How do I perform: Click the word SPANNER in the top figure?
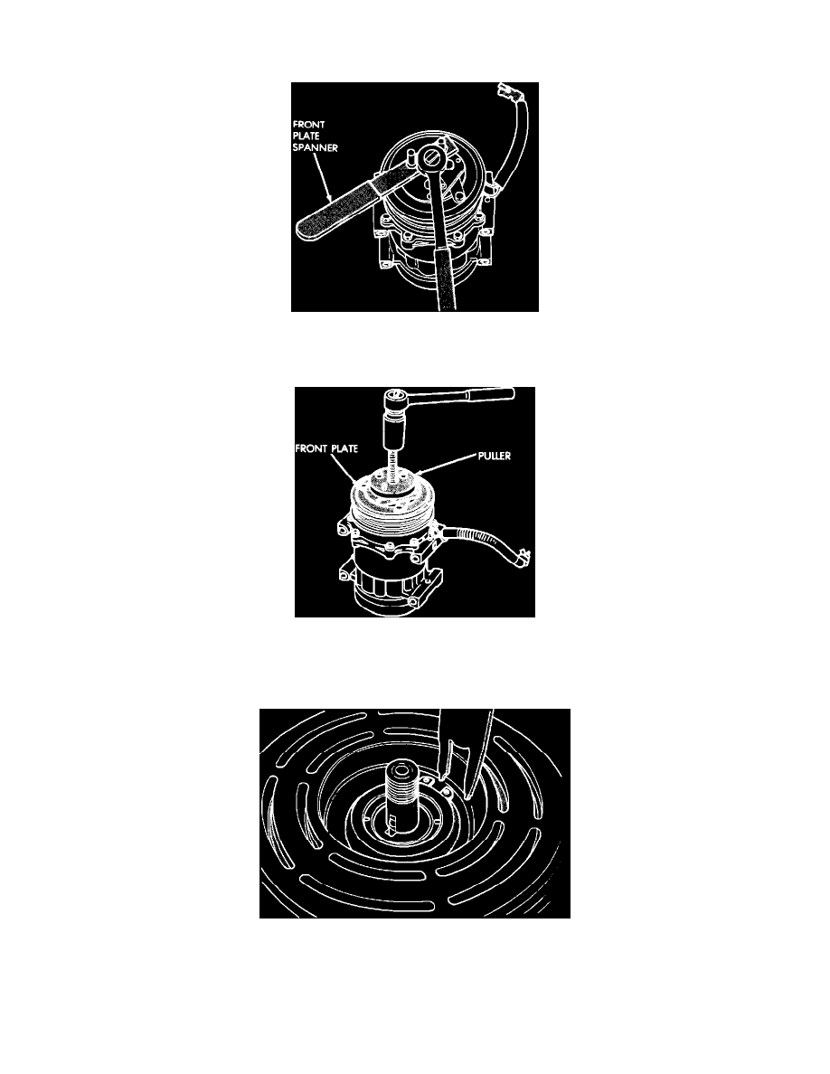(315, 147)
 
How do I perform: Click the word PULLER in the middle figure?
(495, 456)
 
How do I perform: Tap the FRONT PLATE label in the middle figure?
(326, 448)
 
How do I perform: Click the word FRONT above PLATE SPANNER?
(309, 125)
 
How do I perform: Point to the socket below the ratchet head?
(393, 425)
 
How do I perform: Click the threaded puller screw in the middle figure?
(394, 467)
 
